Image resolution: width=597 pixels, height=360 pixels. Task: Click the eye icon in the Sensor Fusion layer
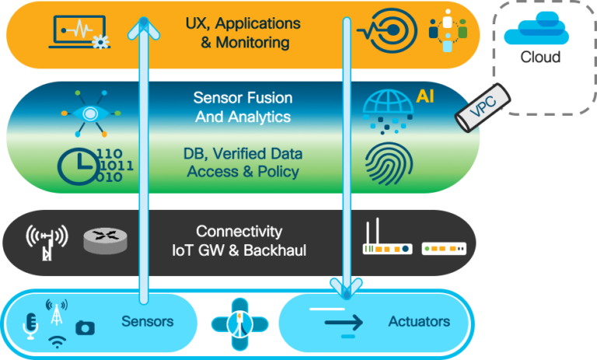(91, 113)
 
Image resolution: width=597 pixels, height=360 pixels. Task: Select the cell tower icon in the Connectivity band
(47, 242)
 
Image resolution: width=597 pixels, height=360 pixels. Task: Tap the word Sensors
(147, 321)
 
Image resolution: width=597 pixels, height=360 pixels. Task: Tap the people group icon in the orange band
(448, 31)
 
